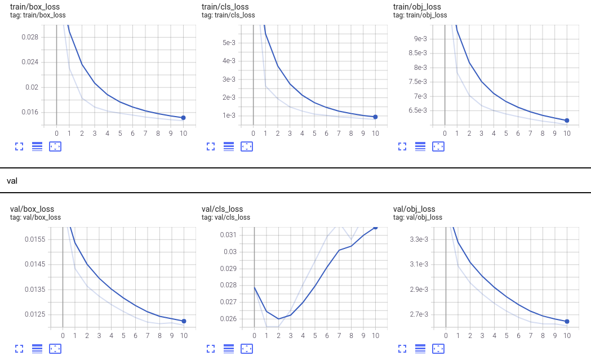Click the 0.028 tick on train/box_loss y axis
(x=29, y=37)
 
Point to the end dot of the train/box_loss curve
(x=184, y=118)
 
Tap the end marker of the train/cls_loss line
(x=375, y=117)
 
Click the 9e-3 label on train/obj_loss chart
(x=421, y=38)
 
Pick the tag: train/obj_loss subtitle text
(x=420, y=15)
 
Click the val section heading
(x=12, y=181)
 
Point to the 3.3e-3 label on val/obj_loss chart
(x=419, y=239)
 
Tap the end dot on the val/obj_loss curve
(x=567, y=321)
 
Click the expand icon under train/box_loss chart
(x=19, y=146)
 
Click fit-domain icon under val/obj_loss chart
(x=438, y=349)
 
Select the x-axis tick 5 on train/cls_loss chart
(x=314, y=134)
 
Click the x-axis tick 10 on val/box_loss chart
(x=184, y=335)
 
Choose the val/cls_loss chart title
(x=222, y=209)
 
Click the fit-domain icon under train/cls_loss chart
(x=247, y=146)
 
